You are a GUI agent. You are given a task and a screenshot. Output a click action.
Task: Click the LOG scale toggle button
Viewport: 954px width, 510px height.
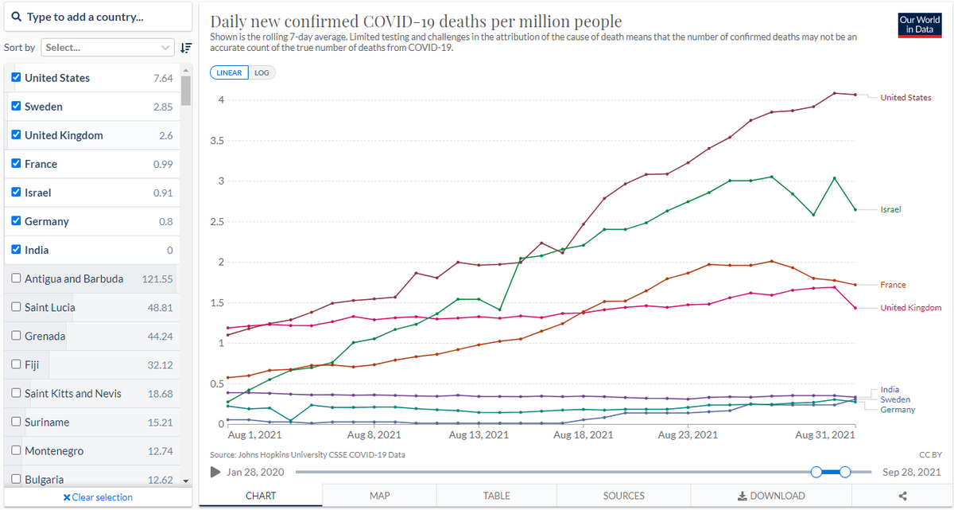point(262,73)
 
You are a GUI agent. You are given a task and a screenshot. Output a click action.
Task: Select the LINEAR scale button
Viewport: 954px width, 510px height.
point(229,73)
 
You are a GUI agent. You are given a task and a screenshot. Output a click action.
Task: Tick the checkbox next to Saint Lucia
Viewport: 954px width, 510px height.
point(16,307)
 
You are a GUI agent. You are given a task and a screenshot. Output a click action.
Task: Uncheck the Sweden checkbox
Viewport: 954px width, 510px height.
point(16,106)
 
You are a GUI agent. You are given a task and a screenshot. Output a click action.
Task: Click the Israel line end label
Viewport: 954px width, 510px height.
point(890,209)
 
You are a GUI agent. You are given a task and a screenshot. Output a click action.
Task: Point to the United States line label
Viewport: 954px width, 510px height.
point(906,98)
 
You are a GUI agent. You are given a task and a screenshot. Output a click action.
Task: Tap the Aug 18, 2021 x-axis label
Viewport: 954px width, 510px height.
point(583,435)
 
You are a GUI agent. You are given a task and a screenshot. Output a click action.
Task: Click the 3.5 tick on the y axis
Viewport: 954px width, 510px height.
point(217,141)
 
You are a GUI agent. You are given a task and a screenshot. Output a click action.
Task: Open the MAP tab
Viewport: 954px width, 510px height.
point(379,496)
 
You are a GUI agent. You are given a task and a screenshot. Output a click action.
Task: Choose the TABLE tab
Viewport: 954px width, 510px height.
point(497,496)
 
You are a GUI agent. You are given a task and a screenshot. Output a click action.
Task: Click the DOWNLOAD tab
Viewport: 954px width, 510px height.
point(771,496)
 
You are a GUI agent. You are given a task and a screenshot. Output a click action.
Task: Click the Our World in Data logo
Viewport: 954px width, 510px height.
point(920,25)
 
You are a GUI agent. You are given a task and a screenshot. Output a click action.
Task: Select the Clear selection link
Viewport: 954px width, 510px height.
point(98,497)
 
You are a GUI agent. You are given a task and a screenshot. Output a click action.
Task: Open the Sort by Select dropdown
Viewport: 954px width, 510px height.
point(107,47)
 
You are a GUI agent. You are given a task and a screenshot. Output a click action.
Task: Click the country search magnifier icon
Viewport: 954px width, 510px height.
point(16,17)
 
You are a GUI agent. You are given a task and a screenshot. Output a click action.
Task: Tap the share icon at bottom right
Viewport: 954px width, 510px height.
point(902,496)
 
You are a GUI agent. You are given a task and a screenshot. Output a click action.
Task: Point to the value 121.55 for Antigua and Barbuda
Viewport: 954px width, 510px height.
point(157,279)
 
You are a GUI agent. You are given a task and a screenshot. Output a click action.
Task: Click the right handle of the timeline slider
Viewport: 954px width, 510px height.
point(845,472)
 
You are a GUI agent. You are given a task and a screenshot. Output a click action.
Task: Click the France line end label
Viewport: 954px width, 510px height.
point(893,285)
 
